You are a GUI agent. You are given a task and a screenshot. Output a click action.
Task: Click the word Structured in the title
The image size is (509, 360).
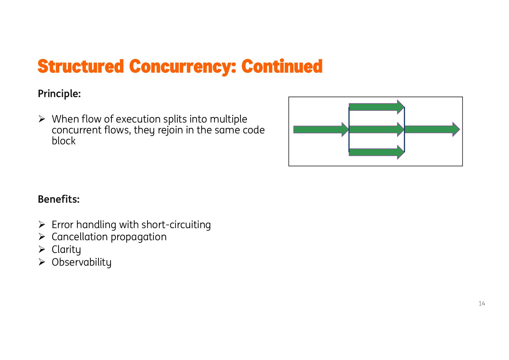(x=81, y=66)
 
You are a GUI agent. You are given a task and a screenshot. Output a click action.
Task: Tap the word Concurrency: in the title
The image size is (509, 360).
(x=183, y=66)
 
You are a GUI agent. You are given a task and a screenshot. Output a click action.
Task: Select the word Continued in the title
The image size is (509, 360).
(x=282, y=66)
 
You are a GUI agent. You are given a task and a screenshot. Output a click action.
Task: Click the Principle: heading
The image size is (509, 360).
(x=59, y=94)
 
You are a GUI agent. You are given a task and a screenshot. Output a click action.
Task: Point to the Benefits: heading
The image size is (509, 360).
(x=59, y=199)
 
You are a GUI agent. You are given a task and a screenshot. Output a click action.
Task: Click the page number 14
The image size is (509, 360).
(x=482, y=303)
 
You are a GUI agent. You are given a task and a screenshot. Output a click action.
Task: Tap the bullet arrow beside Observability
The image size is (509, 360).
(x=42, y=262)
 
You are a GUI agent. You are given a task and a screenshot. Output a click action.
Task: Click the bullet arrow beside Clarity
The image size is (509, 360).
(x=42, y=249)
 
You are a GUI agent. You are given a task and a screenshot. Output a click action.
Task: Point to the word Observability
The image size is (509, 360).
(x=82, y=262)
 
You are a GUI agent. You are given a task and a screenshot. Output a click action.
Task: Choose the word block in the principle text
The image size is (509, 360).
(x=63, y=141)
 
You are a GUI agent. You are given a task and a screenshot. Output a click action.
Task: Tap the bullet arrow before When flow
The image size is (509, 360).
(x=42, y=119)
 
